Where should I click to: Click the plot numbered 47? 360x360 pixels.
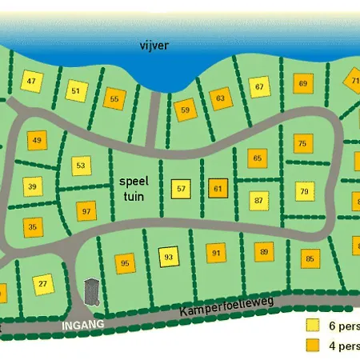32,82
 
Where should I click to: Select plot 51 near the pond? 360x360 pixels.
76,91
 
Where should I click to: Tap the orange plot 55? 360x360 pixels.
115,100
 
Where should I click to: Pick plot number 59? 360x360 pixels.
186,110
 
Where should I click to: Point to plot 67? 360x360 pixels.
259,87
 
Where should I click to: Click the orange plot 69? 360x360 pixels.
303,83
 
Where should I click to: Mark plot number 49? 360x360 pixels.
37,142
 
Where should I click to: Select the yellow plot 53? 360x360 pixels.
81,166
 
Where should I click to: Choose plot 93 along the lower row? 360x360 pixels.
168,257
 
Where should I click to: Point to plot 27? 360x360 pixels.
43,283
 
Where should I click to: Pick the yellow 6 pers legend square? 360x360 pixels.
313,326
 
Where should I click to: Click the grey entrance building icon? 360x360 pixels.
92,290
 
